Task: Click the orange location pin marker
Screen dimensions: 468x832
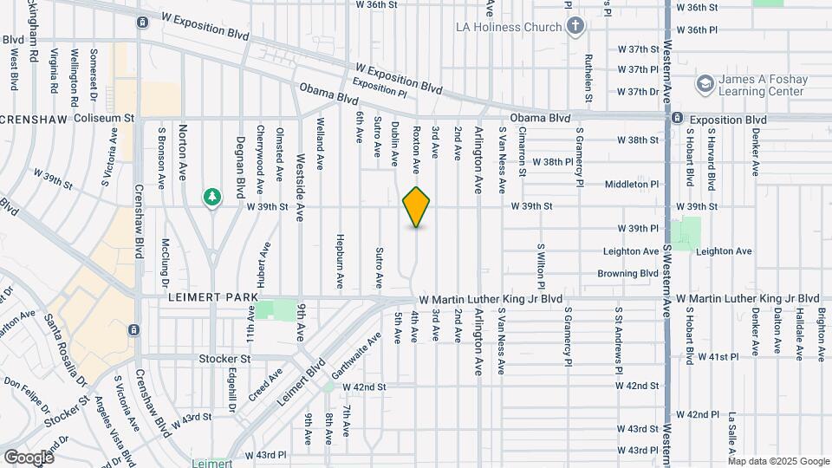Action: tap(417, 207)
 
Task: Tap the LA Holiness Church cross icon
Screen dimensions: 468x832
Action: tap(575, 26)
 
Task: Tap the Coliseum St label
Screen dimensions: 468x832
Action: tap(105, 117)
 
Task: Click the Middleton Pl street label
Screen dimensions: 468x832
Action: tap(632, 184)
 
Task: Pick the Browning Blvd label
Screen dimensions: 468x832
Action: tap(628, 274)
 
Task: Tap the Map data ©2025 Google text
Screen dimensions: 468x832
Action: tap(779, 462)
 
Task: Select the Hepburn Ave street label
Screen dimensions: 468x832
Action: tap(341, 261)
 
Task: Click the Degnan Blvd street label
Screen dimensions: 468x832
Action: tap(241, 165)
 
